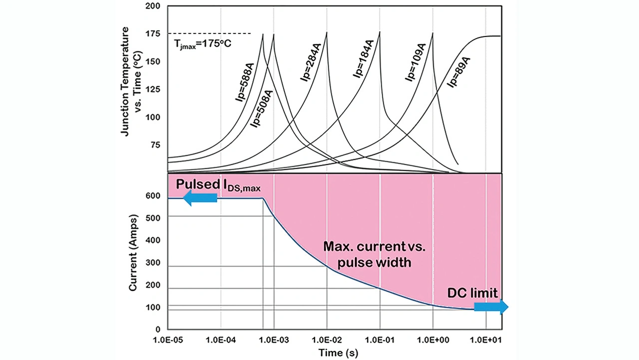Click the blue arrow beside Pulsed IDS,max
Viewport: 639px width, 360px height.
click(x=200, y=198)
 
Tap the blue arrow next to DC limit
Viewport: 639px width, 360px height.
click(x=491, y=307)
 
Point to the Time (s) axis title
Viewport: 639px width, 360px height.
click(x=338, y=353)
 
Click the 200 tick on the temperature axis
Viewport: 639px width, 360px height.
click(x=152, y=6)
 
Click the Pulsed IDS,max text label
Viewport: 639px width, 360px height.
click(x=218, y=185)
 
